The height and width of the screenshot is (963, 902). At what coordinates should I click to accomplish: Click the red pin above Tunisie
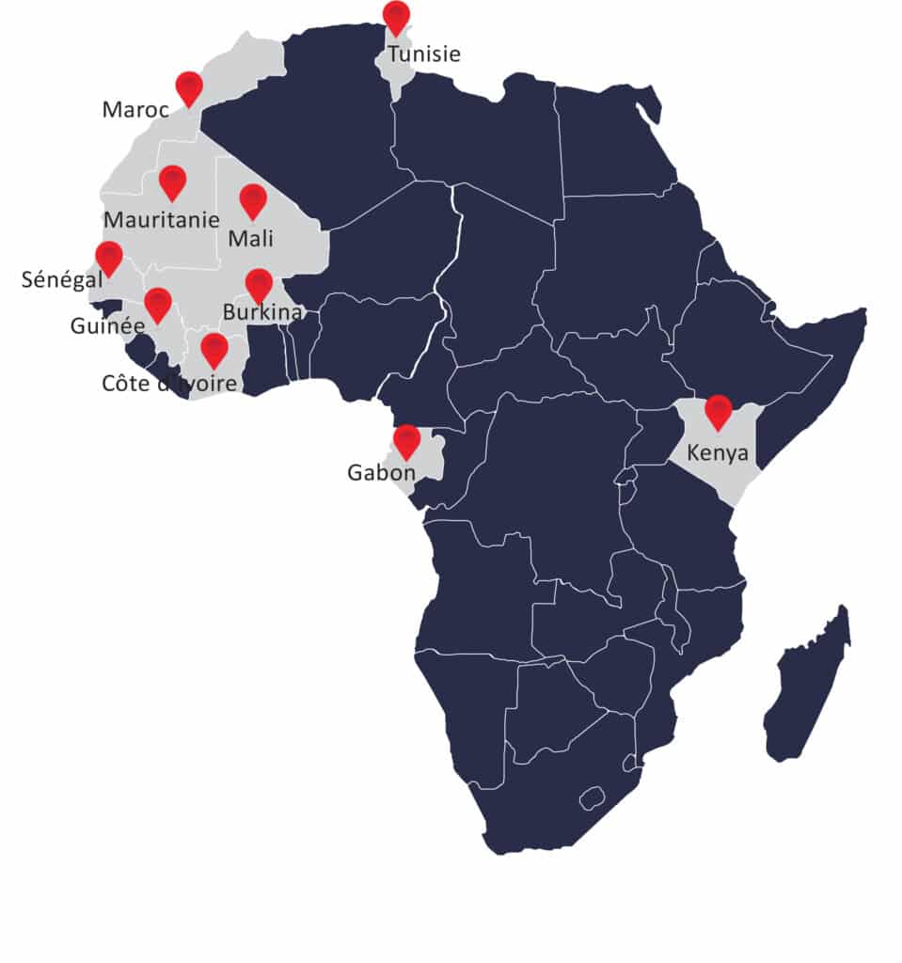397,17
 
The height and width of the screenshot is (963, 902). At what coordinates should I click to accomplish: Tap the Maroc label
135,110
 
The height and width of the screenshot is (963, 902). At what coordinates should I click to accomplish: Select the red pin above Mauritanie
172,181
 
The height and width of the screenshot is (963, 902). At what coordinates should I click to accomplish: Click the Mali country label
251,239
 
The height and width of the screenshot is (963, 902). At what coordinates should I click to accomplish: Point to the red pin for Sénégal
109,257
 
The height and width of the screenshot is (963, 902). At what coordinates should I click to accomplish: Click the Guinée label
107,326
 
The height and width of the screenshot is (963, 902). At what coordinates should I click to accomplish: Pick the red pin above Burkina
259,284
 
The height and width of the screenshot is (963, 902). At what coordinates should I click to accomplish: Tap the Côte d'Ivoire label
169,383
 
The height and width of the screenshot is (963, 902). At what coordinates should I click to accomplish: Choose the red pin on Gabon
406,440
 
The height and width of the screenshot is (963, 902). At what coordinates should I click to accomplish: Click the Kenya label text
718,452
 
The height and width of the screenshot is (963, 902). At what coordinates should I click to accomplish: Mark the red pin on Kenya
719,410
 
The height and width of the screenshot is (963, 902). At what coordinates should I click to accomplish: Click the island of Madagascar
807,687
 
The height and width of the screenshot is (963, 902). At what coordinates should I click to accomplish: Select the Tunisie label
424,54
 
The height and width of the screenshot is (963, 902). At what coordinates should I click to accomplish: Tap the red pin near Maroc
189,87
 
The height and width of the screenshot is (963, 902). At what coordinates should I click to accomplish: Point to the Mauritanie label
162,220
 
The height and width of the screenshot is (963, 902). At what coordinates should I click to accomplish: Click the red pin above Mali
253,199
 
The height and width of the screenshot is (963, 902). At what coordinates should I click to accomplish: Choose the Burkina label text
262,311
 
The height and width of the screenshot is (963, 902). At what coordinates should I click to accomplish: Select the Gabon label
381,473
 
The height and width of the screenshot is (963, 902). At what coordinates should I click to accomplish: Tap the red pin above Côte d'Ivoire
214,349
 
